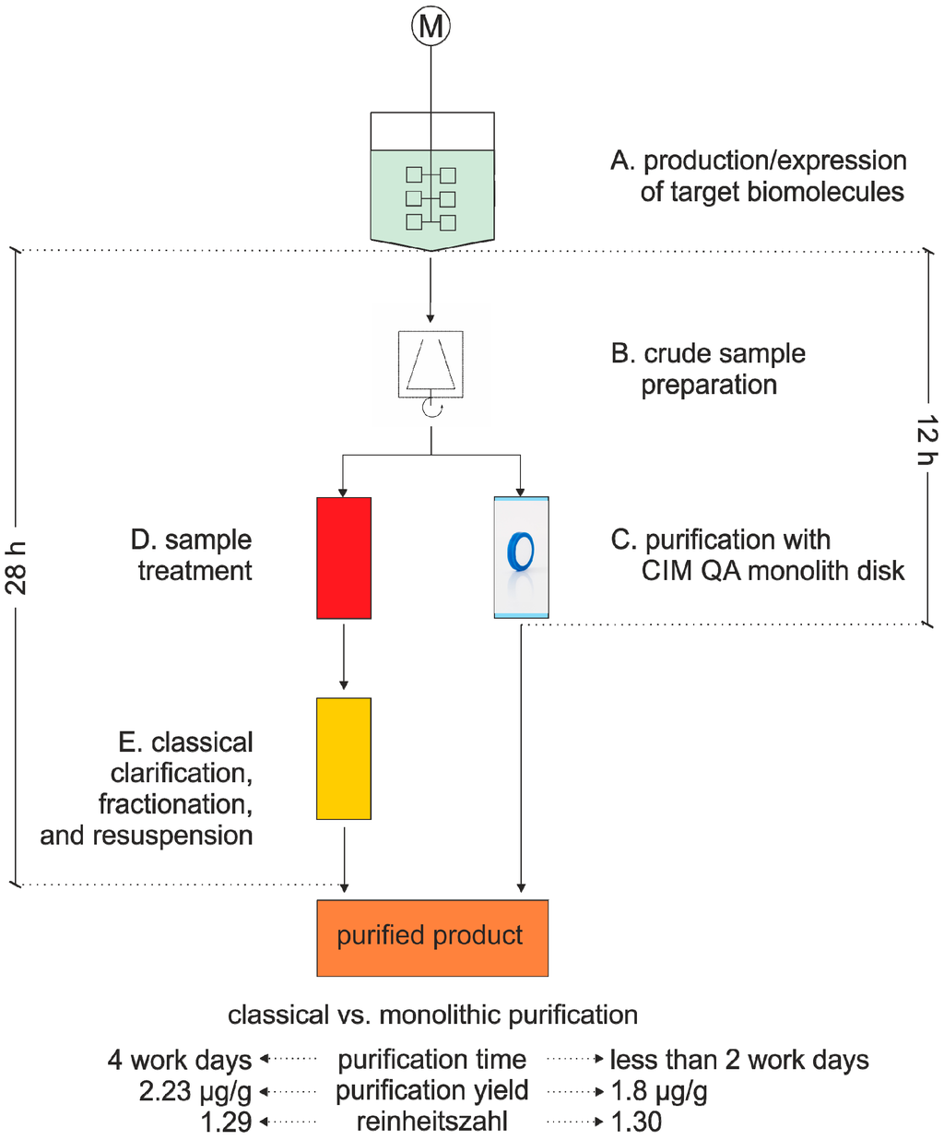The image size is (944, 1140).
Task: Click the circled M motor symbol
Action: (x=431, y=27)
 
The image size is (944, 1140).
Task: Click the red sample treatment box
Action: (x=344, y=558)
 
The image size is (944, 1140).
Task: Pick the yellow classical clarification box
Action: (x=344, y=758)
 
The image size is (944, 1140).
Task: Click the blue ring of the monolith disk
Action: (x=521, y=552)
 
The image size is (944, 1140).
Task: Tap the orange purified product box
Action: (x=431, y=937)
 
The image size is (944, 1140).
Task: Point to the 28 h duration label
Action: (x=17, y=567)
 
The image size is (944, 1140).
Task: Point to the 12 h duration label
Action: (x=926, y=440)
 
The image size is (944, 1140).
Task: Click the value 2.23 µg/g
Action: (x=195, y=1091)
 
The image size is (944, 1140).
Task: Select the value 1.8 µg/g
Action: (x=659, y=1091)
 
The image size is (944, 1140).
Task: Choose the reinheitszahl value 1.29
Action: (x=226, y=1122)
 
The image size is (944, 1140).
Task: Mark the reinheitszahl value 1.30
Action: (x=636, y=1122)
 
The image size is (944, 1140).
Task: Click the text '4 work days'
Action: (x=180, y=1060)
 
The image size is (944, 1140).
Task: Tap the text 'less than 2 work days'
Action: (x=739, y=1060)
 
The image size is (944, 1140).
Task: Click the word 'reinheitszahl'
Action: (x=431, y=1122)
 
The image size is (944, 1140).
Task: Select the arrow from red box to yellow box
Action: (x=344, y=657)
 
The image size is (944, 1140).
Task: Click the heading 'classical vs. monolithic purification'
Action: (x=432, y=1015)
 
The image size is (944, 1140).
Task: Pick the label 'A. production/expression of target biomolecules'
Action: (x=758, y=176)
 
